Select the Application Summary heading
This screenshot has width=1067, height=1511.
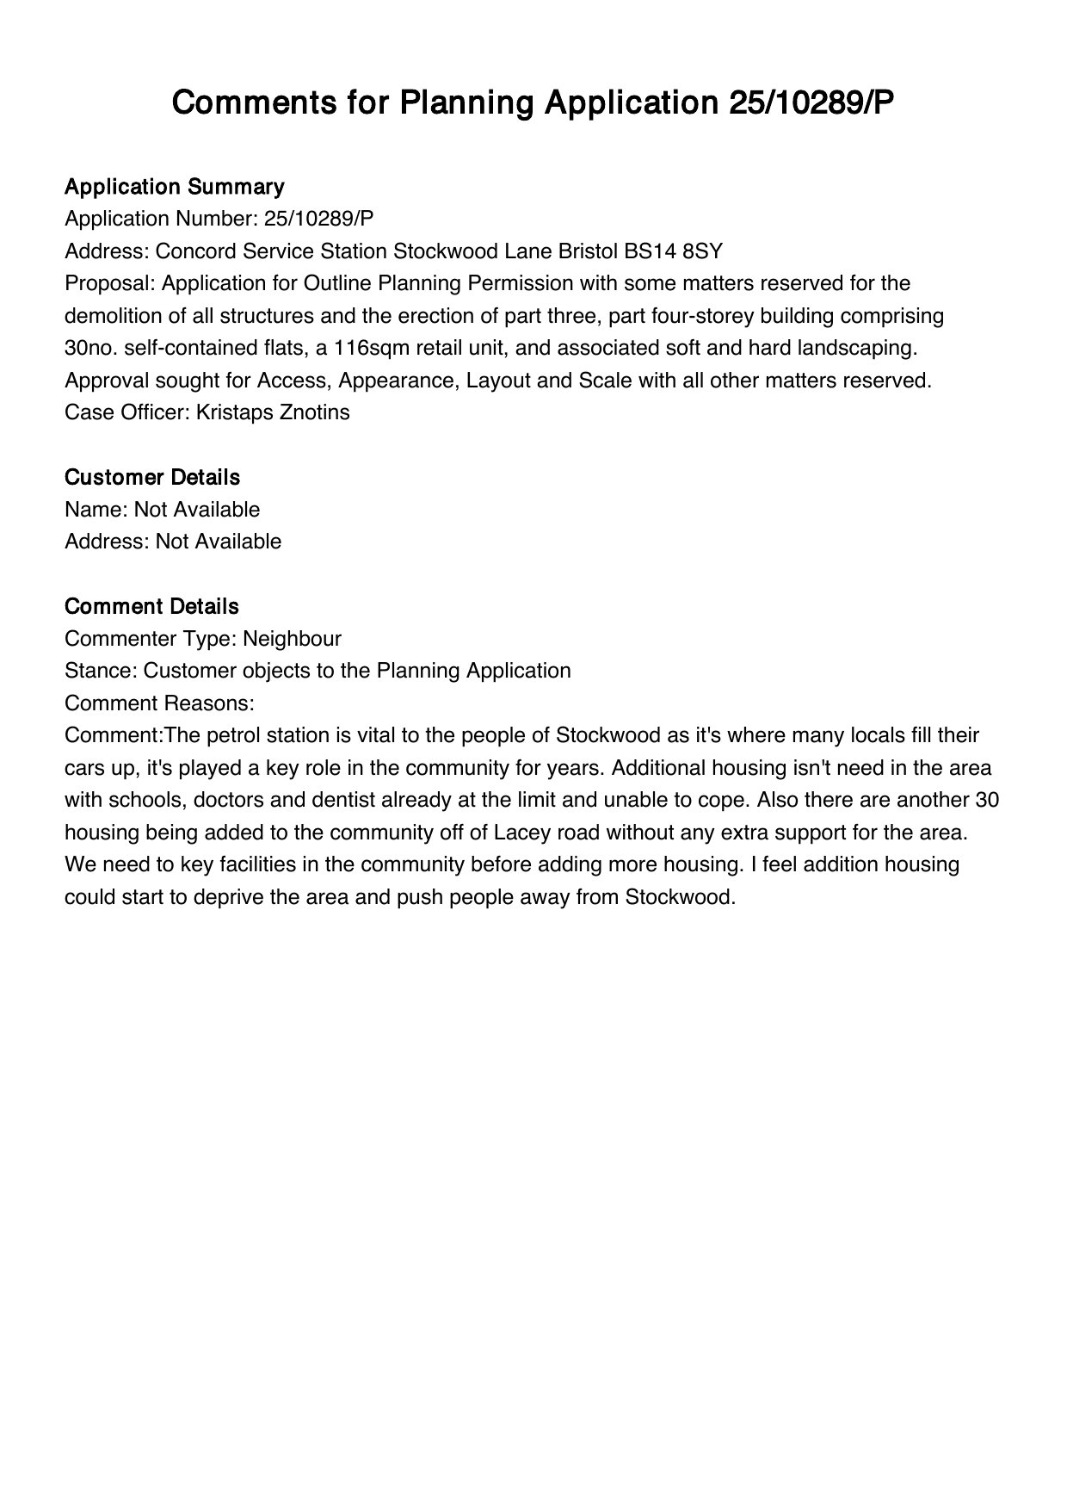(174, 187)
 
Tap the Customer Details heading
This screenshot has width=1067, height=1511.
(152, 477)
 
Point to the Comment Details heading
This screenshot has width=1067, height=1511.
(151, 606)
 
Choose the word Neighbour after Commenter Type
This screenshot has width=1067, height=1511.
(292, 639)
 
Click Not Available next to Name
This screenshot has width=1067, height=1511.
(197, 510)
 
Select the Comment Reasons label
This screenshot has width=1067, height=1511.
(159, 703)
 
